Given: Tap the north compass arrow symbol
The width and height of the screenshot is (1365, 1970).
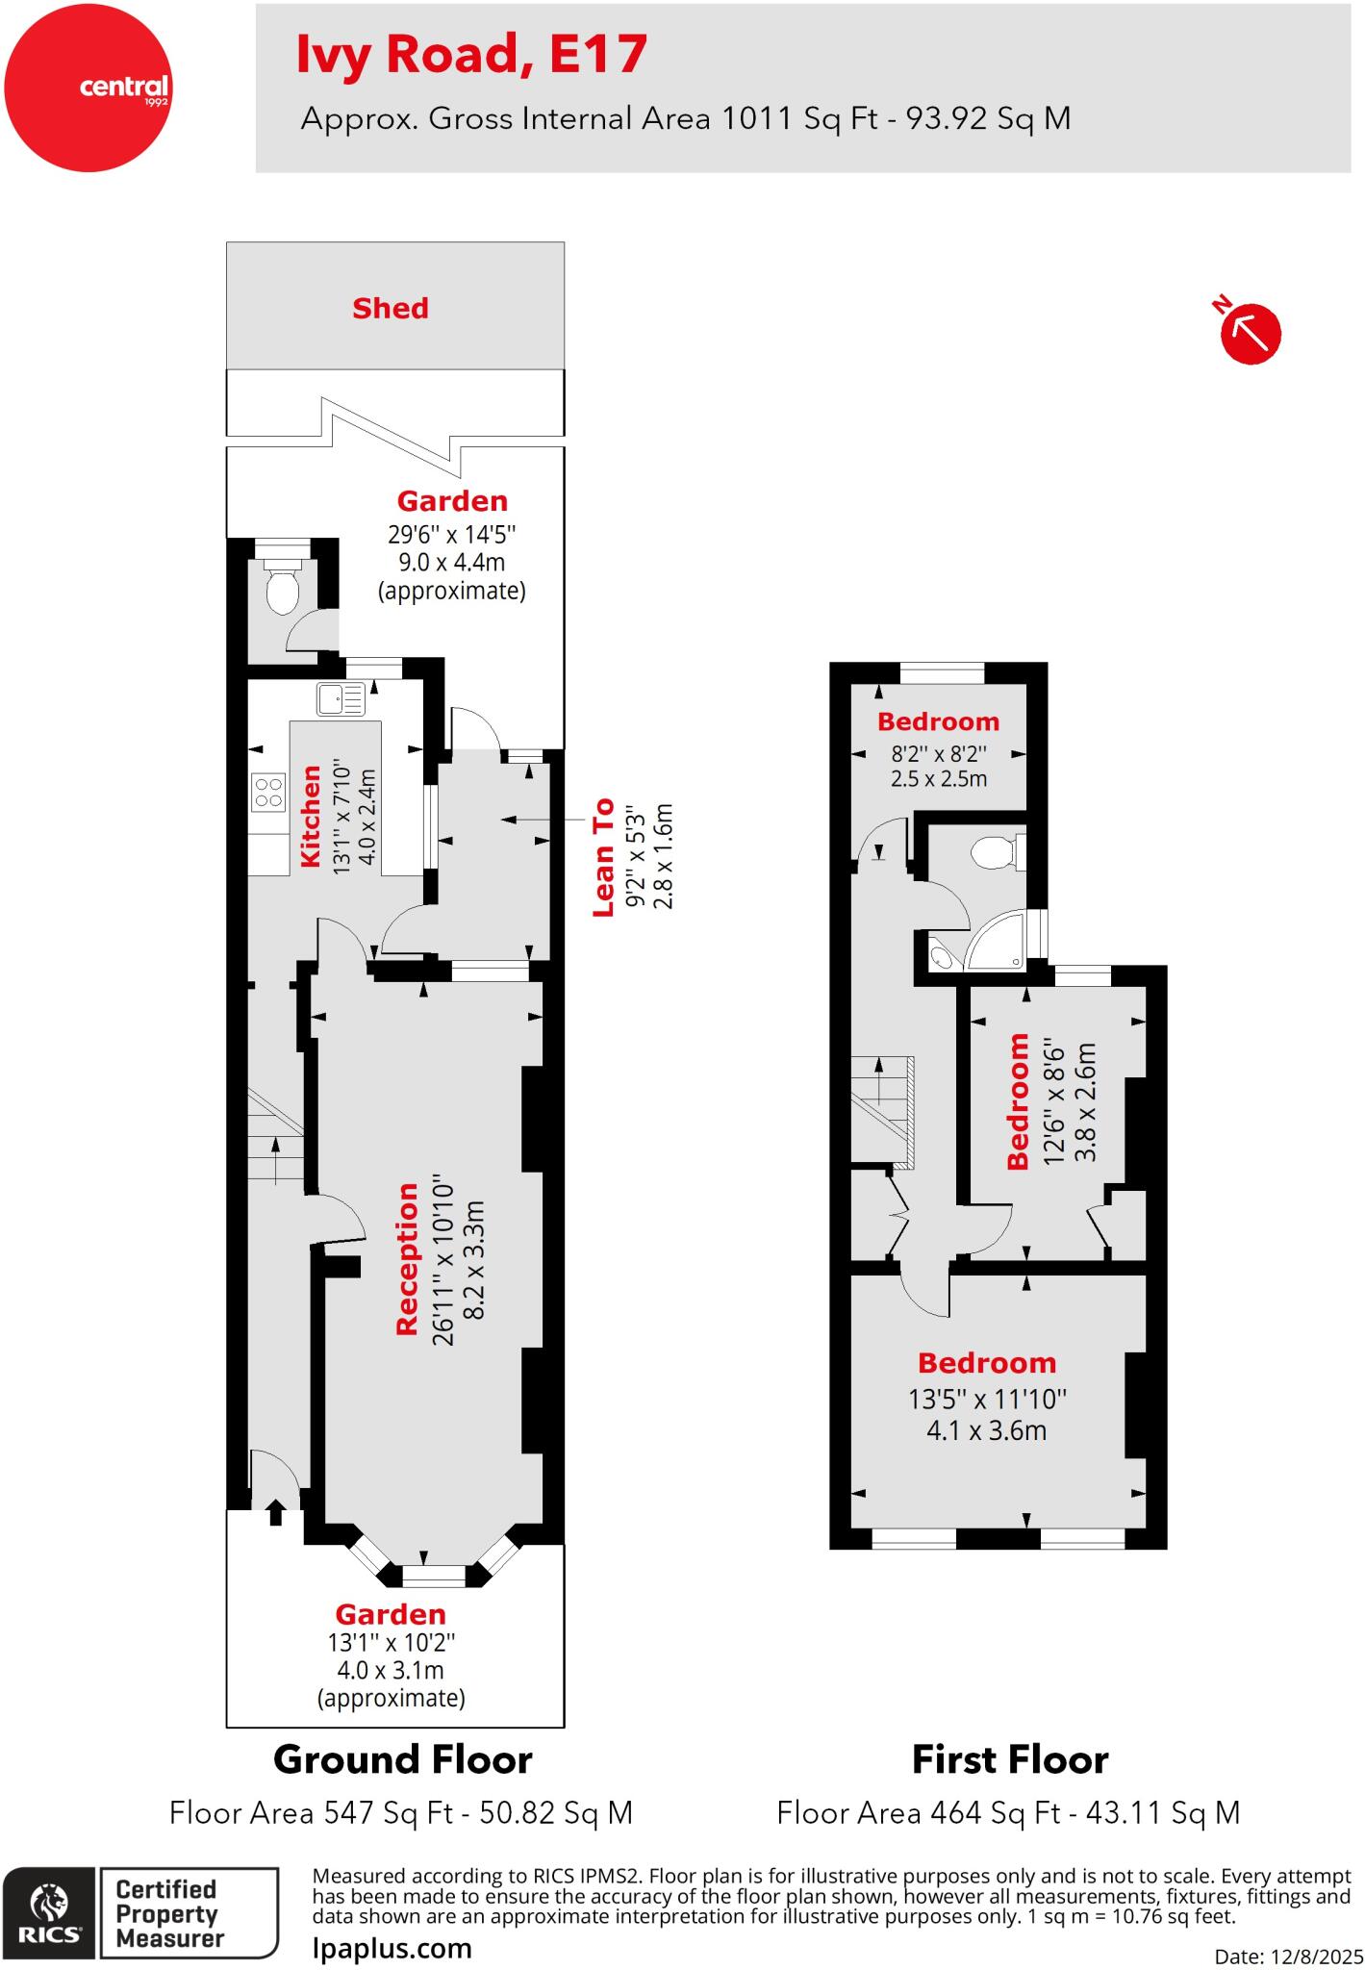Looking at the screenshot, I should click(x=1251, y=334).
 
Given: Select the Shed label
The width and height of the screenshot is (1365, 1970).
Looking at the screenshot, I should click(x=390, y=308).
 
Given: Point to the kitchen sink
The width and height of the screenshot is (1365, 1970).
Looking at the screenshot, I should click(x=341, y=699).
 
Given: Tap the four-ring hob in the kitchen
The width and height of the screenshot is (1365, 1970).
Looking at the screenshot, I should click(x=268, y=791).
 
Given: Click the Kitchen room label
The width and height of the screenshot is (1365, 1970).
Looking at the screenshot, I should click(x=312, y=816).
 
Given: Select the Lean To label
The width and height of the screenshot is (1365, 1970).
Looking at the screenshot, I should click(x=602, y=856).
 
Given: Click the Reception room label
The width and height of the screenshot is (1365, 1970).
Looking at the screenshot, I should click(x=408, y=1259).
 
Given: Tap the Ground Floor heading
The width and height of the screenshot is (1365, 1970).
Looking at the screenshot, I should click(x=402, y=1760).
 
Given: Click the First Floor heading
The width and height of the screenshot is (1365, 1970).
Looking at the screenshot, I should click(x=1009, y=1760).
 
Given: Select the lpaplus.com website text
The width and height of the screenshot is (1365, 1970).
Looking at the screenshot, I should click(x=392, y=1949).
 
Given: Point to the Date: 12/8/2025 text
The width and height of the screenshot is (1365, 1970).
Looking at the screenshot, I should click(x=1289, y=1956).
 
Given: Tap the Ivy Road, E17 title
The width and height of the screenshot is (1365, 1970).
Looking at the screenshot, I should click(x=471, y=54).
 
